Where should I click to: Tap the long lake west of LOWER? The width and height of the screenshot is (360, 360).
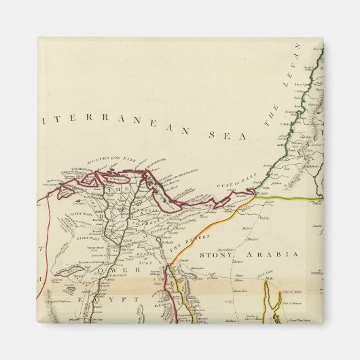[x=71, y=273]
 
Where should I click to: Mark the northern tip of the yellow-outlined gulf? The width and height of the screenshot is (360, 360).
[x=272, y=282]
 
